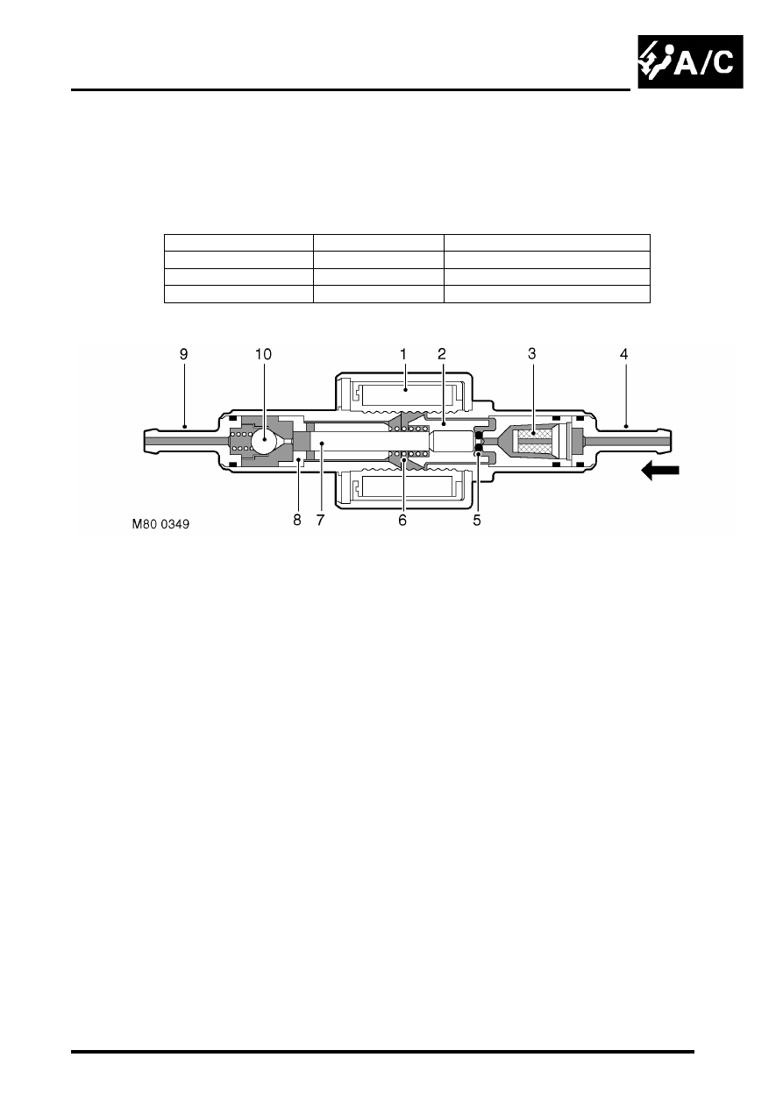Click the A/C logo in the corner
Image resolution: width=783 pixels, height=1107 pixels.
pos(690,61)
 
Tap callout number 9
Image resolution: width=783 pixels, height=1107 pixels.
pos(183,354)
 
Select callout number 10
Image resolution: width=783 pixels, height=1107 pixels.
pos(263,354)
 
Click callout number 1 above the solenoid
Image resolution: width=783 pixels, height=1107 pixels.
pos(402,354)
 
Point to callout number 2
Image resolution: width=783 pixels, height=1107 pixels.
pos(441,354)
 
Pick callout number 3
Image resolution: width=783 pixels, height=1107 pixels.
pos(531,354)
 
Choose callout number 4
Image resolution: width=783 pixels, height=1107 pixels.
pos(623,354)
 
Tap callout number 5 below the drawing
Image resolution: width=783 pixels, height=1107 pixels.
pos(476,520)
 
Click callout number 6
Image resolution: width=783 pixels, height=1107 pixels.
pos(402,520)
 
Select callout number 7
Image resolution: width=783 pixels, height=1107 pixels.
pos(320,520)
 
